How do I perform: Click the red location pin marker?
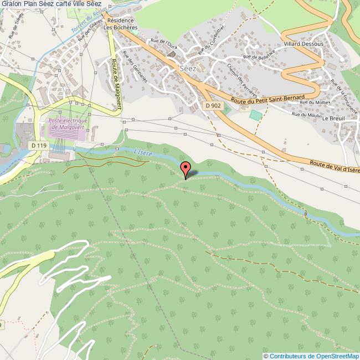(186, 168)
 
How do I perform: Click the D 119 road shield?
(38, 145)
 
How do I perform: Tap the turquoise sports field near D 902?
(255, 115)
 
